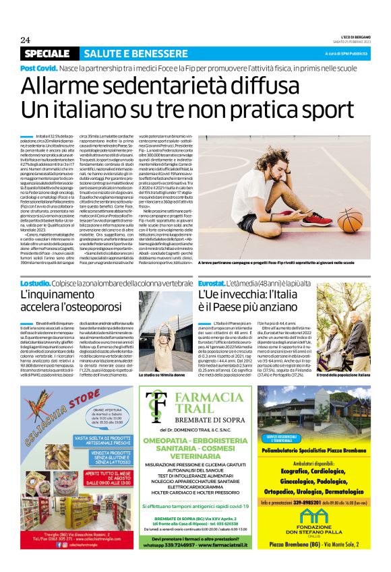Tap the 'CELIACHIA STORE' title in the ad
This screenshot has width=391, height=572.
click(x=61, y=406)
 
